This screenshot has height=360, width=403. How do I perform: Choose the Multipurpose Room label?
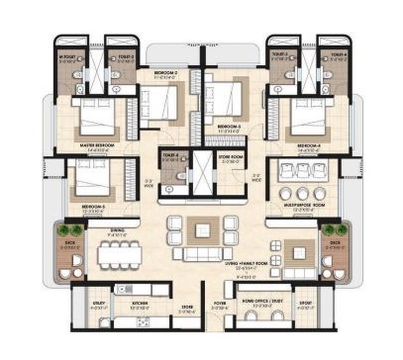303,206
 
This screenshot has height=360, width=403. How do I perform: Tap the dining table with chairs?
119,255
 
